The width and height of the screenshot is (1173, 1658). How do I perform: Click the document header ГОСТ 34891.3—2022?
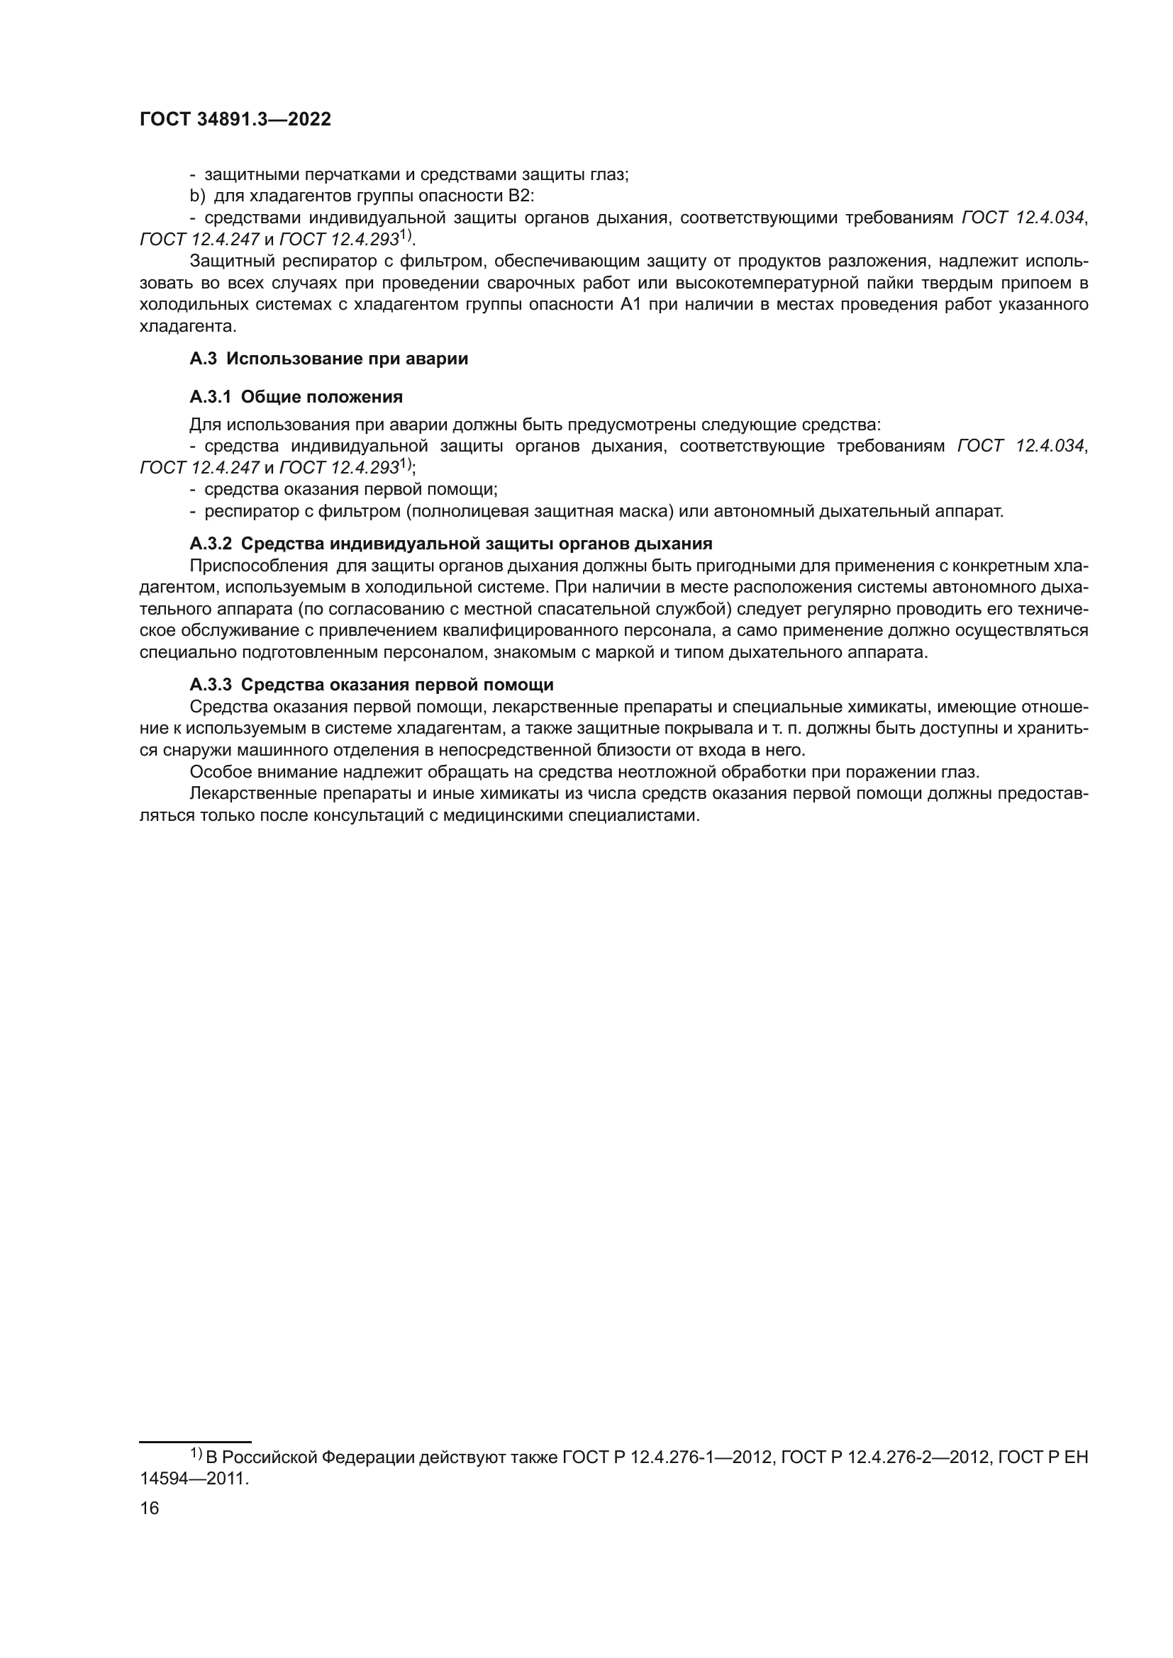click(235, 120)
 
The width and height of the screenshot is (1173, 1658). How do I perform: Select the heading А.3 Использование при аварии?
click(328, 359)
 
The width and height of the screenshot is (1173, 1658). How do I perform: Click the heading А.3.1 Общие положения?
click(296, 397)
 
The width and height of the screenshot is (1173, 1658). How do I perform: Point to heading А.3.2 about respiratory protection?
click(451, 544)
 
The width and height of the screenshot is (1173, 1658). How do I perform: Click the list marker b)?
click(197, 196)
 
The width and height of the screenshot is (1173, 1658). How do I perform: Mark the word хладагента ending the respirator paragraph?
click(188, 326)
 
